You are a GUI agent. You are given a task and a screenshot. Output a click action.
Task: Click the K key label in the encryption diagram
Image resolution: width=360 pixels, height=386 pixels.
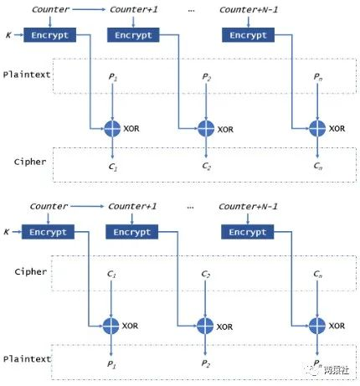pos(8,36)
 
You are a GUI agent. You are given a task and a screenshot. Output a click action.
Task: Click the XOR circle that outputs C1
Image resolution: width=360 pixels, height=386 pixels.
pos(111,128)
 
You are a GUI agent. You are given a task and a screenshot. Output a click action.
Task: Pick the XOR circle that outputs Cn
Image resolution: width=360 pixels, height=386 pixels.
pos(316,128)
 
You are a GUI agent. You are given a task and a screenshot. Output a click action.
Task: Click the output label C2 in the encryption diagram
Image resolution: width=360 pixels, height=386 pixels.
pos(206,167)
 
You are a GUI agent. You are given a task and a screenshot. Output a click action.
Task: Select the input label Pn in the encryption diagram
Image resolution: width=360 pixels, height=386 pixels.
pos(316,77)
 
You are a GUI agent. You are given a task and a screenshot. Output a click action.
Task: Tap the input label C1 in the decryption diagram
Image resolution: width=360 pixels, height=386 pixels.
pos(111,273)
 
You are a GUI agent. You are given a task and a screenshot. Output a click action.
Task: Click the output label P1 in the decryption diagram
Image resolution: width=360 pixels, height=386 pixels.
pos(111,365)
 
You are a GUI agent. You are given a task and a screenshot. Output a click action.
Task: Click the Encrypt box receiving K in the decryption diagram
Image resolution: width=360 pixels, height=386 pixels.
pos(49,232)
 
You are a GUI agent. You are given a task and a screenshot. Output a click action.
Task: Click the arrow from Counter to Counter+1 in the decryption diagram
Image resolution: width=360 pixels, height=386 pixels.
pos(90,207)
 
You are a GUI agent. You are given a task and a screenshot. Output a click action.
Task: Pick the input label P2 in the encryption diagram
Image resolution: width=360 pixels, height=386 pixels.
pos(206,77)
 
